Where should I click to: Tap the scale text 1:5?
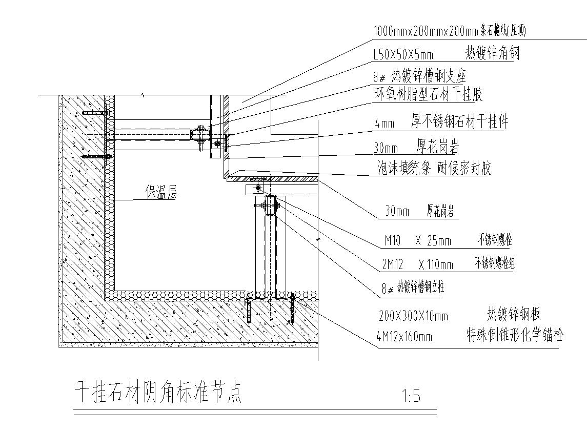pyautogui.click(x=411, y=396)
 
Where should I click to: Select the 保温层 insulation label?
pyautogui.click(x=160, y=193)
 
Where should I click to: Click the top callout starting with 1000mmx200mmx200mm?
pyautogui.click(x=449, y=31)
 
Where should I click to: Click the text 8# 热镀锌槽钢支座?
pyautogui.click(x=419, y=77)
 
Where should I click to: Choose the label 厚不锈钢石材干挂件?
pyautogui.click(x=459, y=122)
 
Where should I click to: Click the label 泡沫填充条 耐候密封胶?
pyautogui.click(x=434, y=169)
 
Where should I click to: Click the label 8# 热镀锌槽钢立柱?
pyautogui.click(x=413, y=288)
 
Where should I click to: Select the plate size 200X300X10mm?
pyautogui.click(x=413, y=316)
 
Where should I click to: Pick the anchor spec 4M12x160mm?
pyautogui.click(x=404, y=336)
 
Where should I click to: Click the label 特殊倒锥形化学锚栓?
pyautogui.click(x=514, y=336)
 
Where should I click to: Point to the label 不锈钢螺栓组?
pyautogui.click(x=494, y=264)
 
